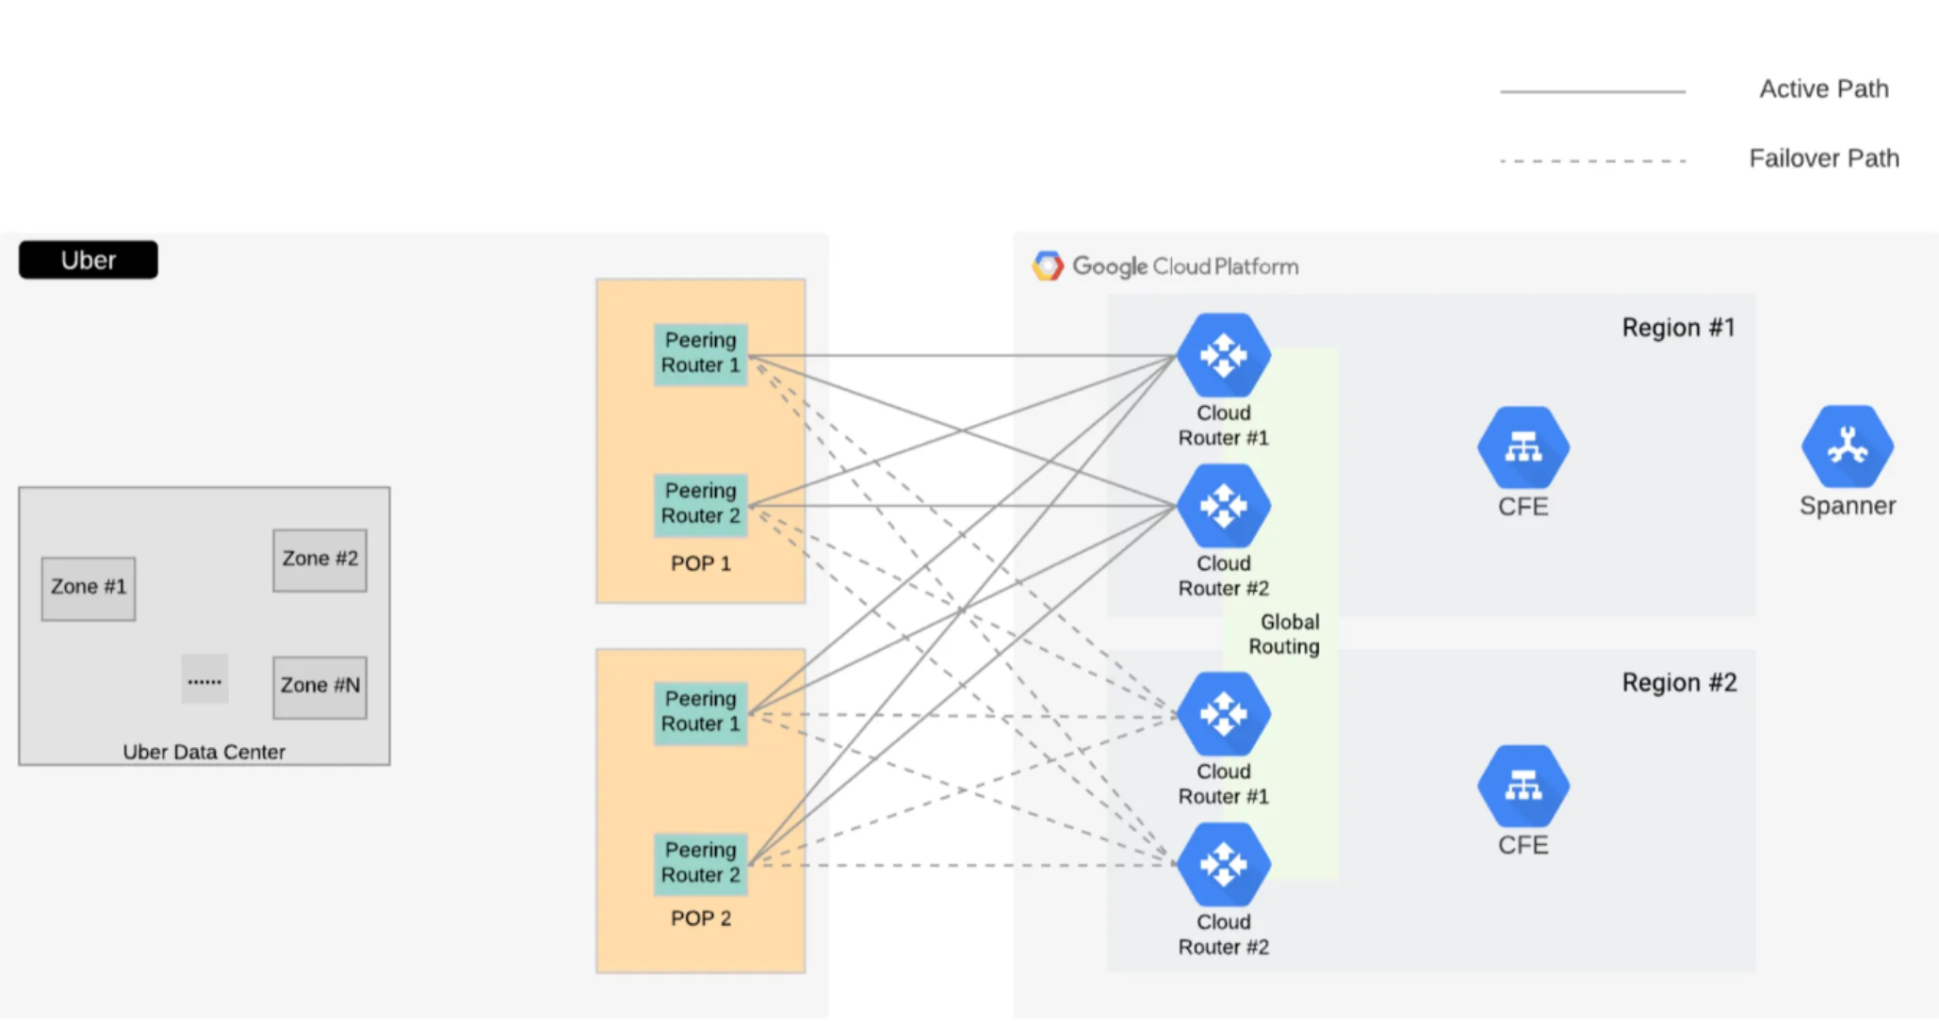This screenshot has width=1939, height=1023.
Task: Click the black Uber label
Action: pos(89,260)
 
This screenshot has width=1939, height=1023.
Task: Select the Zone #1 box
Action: pos(89,588)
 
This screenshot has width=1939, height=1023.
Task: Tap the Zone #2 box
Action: pos(319,560)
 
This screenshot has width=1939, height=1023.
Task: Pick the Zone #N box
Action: pos(319,687)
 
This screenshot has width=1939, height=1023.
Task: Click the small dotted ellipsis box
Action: pos(204,679)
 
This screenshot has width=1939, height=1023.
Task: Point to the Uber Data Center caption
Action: pos(204,752)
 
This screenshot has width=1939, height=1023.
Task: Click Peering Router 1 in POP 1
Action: pos(700,353)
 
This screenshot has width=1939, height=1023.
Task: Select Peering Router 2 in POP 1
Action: pos(700,504)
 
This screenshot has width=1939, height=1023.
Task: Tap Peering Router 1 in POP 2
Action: pos(700,712)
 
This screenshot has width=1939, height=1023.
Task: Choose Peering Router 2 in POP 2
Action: pos(700,863)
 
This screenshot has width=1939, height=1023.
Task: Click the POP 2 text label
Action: pos(700,918)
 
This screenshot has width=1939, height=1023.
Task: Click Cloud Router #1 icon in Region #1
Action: pos(1223,356)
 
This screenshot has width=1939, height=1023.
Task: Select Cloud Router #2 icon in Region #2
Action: pos(1223,865)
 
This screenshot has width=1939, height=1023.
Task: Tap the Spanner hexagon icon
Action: pos(1847,447)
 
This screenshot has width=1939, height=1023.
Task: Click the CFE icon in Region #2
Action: pos(1523,786)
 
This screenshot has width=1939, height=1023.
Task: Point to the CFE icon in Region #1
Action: pos(1523,447)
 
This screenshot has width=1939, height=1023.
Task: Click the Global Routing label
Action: pos(1285,634)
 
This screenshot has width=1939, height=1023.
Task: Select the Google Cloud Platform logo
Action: pos(1048,267)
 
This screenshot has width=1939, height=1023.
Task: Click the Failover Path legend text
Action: pos(1823,158)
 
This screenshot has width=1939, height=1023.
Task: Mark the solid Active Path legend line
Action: pos(1592,91)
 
